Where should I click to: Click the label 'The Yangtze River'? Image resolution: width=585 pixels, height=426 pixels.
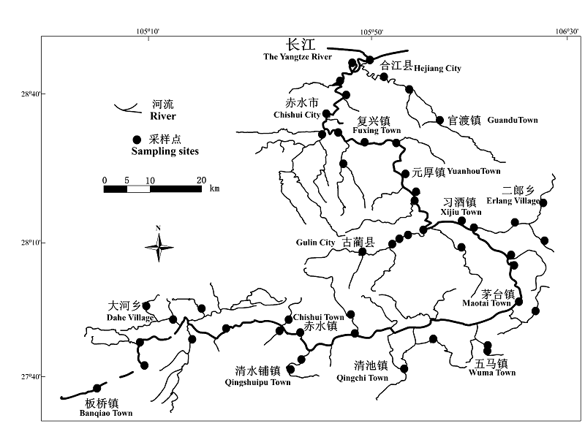pos(298,56)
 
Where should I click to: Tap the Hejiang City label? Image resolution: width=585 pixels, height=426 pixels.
pos(437,68)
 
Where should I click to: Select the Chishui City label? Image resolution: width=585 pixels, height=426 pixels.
pos(297,115)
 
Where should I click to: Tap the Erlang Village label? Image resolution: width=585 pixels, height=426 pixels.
pos(516,201)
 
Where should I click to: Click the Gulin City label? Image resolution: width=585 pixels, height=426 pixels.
pos(316,243)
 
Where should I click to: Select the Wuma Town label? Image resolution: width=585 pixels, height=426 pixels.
pos(495,373)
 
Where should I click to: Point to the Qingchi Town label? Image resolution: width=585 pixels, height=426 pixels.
pos(361,378)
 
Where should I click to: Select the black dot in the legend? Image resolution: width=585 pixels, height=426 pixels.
pos(136,140)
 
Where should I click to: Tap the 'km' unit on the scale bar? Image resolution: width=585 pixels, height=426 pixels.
pos(214,189)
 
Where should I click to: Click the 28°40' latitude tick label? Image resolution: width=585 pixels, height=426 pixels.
pos(31,94)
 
